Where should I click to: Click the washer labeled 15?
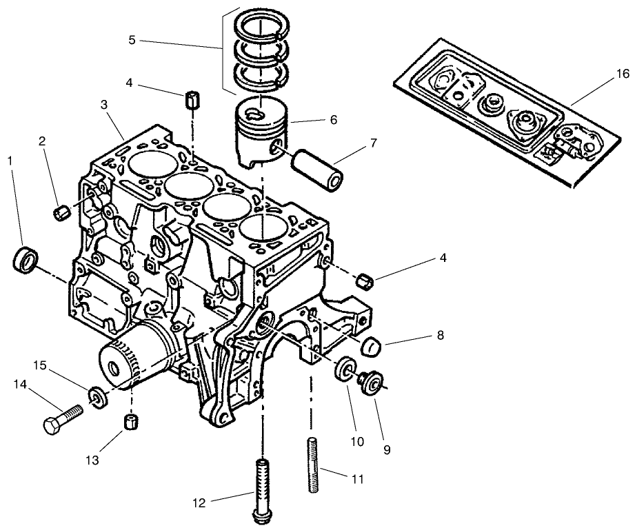[99, 397]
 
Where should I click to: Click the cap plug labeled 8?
[373, 345]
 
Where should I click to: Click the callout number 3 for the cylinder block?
[103, 105]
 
